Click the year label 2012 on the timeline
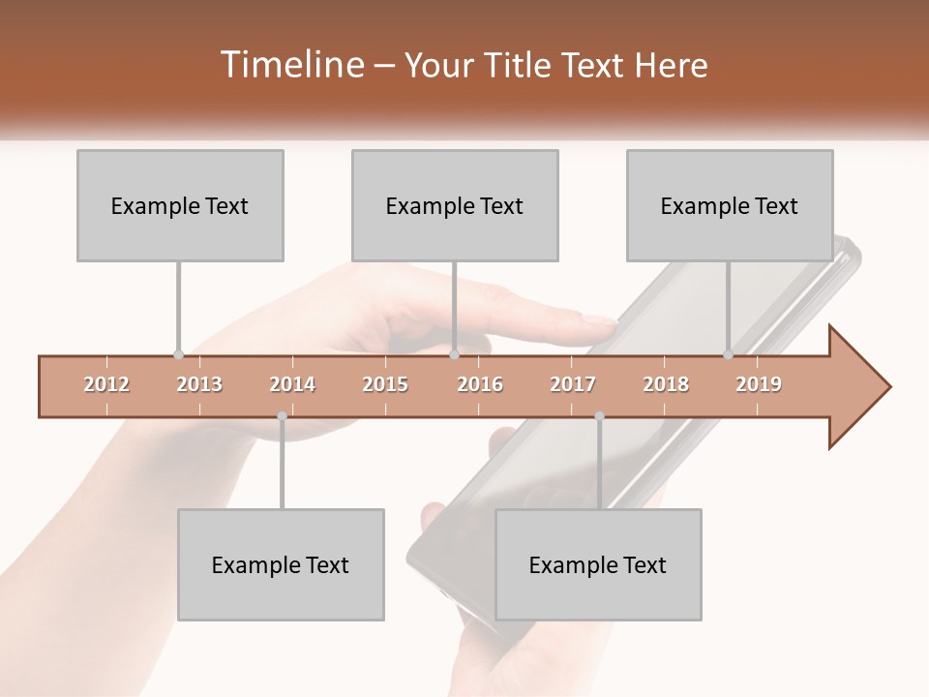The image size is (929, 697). pyautogui.click(x=106, y=384)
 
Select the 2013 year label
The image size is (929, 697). pyautogui.click(x=199, y=384)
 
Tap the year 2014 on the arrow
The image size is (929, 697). pyautogui.click(x=292, y=384)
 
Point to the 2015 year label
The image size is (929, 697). pyautogui.click(x=385, y=384)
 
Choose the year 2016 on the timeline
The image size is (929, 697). pyautogui.click(x=480, y=384)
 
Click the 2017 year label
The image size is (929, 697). pyautogui.click(x=573, y=384)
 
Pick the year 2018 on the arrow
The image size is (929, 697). pyautogui.click(x=666, y=384)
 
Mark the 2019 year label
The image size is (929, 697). pyautogui.click(x=759, y=384)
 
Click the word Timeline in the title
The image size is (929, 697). pyautogui.click(x=290, y=65)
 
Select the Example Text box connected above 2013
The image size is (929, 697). pyautogui.click(x=180, y=206)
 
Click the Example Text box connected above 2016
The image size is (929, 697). pyautogui.click(x=455, y=206)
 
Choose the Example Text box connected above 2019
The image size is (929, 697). pyautogui.click(x=730, y=206)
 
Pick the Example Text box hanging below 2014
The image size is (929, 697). pyautogui.click(x=281, y=564)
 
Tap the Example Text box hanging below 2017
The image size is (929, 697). pyautogui.click(x=598, y=564)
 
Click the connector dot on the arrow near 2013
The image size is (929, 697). pyautogui.click(x=178, y=355)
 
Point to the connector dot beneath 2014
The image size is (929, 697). pyautogui.click(x=282, y=416)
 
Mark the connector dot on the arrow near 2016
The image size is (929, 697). pyautogui.click(x=454, y=355)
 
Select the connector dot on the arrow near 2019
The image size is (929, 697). pyautogui.click(x=728, y=355)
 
